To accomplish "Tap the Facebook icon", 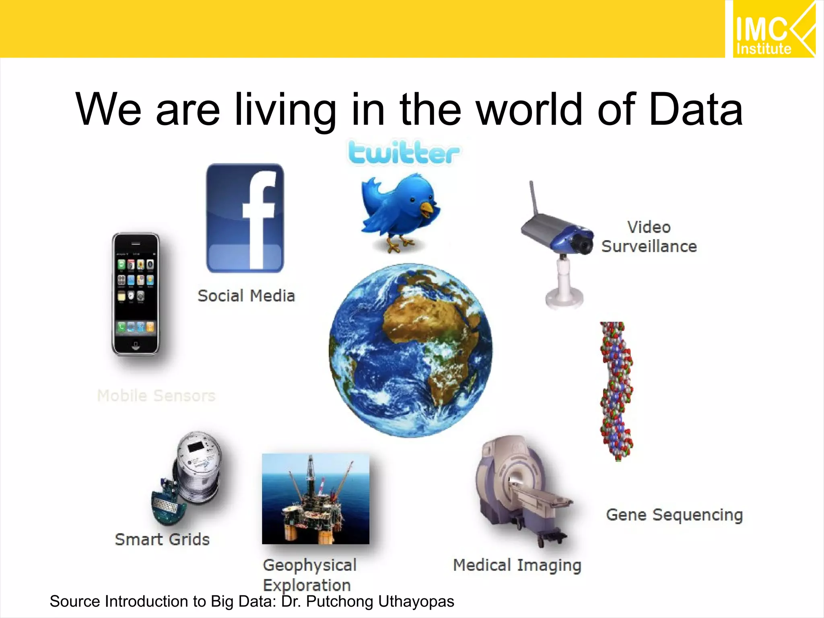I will click(245, 218).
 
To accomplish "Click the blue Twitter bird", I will click(400, 211).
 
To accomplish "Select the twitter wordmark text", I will click(404, 153).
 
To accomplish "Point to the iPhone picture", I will click(136, 294).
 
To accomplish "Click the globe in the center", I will click(410, 350).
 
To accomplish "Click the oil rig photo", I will click(315, 499).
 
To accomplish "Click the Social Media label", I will click(246, 296).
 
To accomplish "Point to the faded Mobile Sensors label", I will click(156, 396).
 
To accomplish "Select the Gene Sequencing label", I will click(674, 515).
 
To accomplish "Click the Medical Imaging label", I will click(517, 565).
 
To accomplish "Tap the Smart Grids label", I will click(162, 540).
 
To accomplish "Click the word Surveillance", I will click(649, 246).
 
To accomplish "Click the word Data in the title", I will click(695, 109).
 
